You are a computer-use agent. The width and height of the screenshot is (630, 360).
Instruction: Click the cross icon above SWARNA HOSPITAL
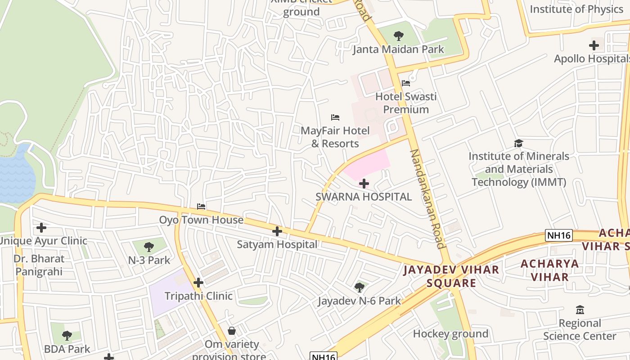(364, 184)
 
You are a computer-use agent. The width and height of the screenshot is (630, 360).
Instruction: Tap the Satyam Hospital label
(277, 244)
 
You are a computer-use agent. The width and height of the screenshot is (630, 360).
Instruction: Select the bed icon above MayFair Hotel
(335, 117)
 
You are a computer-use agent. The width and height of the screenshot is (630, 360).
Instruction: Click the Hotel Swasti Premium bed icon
(405, 83)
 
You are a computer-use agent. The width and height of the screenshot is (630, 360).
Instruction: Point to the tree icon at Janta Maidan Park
(398, 36)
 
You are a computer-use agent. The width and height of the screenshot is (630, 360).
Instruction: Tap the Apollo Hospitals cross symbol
(594, 45)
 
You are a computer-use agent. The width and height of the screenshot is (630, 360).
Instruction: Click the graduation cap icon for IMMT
(518, 143)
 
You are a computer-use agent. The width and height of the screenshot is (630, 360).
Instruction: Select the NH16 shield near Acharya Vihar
(558, 235)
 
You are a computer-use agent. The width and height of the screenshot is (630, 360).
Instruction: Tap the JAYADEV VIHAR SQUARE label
(451, 276)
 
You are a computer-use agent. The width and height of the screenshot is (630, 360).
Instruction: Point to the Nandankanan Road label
(427, 198)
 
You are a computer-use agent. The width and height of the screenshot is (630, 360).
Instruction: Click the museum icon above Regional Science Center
(580, 310)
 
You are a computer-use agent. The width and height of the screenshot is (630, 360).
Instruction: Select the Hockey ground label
(450, 333)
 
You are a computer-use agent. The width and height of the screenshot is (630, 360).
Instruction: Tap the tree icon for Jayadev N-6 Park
(359, 287)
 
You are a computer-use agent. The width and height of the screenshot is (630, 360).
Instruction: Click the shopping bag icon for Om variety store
(231, 331)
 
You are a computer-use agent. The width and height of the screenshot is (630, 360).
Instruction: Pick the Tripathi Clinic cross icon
(198, 283)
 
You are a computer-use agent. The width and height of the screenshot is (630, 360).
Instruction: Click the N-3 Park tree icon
(149, 247)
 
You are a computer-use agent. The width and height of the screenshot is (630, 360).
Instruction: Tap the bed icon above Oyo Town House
(201, 207)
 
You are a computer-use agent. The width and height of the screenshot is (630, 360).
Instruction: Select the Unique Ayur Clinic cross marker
(41, 228)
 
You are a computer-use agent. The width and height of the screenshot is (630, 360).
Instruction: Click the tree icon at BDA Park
(67, 335)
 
